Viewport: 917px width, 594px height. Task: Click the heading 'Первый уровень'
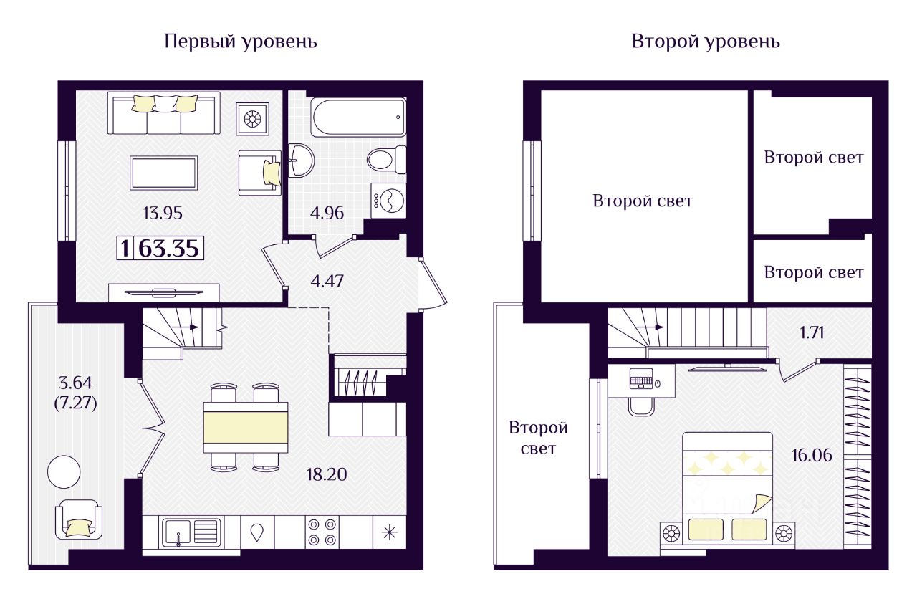tap(241, 42)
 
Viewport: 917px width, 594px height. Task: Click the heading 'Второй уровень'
tap(706, 42)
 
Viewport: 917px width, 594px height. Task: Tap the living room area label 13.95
tap(163, 212)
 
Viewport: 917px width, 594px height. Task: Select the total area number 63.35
tap(170, 249)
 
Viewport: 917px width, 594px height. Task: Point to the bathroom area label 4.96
tap(327, 213)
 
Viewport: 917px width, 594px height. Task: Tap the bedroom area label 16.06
tap(813, 454)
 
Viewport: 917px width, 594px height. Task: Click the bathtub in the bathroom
tap(358, 117)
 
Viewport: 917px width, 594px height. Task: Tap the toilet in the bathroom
tap(386, 158)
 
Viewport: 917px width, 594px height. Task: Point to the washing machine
tap(388, 199)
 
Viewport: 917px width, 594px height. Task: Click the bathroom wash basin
tap(300, 160)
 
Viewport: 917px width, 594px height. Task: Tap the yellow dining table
tap(246, 427)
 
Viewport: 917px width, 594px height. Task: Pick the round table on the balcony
tap(64, 471)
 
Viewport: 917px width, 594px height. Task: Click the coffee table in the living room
tap(163, 173)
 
